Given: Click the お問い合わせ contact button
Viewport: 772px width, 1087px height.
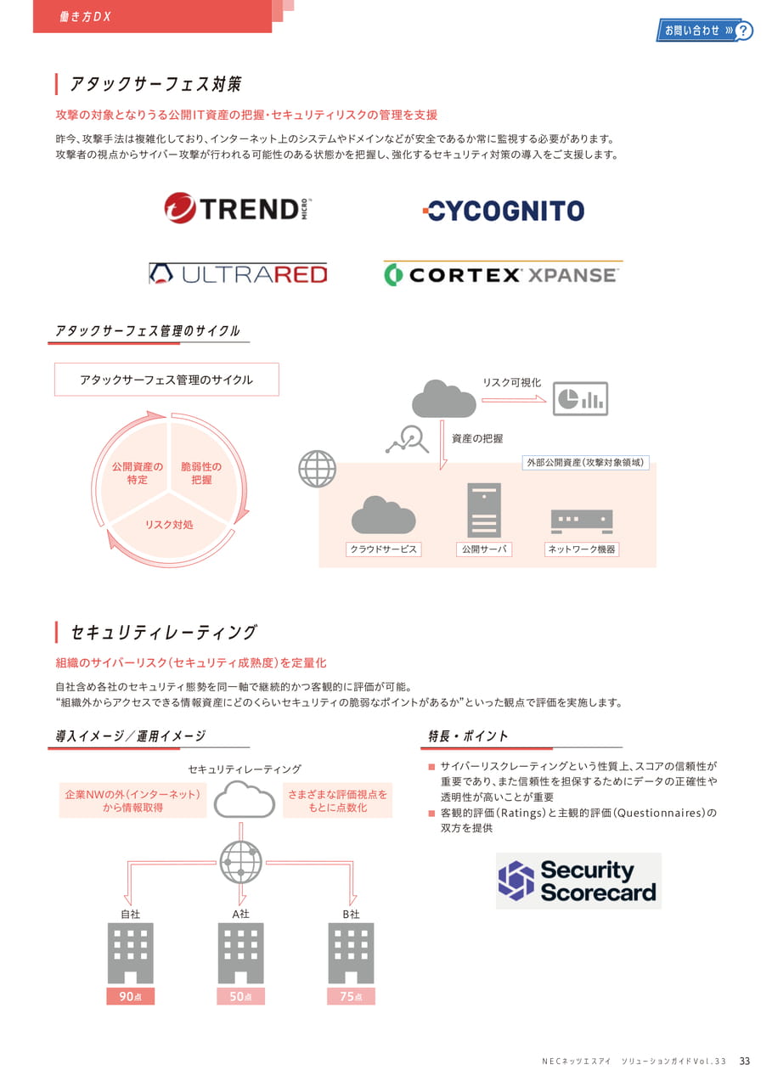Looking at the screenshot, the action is click(x=704, y=31).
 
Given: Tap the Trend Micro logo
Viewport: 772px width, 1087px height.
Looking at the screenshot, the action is click(x=238, y=208).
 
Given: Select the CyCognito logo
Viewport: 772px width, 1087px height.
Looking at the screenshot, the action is click(x=503, y=211).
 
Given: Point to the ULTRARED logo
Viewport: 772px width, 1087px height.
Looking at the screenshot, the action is click(x=238, y=274).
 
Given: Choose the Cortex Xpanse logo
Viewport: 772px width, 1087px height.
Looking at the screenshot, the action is click(x=503, y=274).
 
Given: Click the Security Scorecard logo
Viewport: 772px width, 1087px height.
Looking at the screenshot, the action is click(x=578, y=881).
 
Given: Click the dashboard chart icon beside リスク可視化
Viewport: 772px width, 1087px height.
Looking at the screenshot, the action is click(x=580, y=399).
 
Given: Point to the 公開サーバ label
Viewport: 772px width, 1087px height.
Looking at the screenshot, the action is click(x=484, y=549).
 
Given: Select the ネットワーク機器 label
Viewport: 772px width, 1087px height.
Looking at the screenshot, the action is click(x=581, y=549).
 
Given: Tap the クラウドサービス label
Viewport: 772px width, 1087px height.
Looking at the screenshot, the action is click(x=383, y=549).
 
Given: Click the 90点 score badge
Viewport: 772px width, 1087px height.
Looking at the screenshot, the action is click(x=131, y=996).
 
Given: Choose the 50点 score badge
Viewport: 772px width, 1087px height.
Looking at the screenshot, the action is click(x=240, y=996).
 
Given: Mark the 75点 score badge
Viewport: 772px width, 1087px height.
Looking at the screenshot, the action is click(x=351, y=996).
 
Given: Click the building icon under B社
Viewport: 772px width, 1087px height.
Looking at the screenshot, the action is click(x=351, y=953).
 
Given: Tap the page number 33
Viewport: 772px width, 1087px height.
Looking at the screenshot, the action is click(x=745, y=1062).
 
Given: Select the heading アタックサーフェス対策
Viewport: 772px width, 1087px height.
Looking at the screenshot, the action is click(x=155, y=84).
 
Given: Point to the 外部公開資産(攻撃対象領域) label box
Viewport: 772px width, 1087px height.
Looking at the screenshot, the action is click(x=586, y=463).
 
